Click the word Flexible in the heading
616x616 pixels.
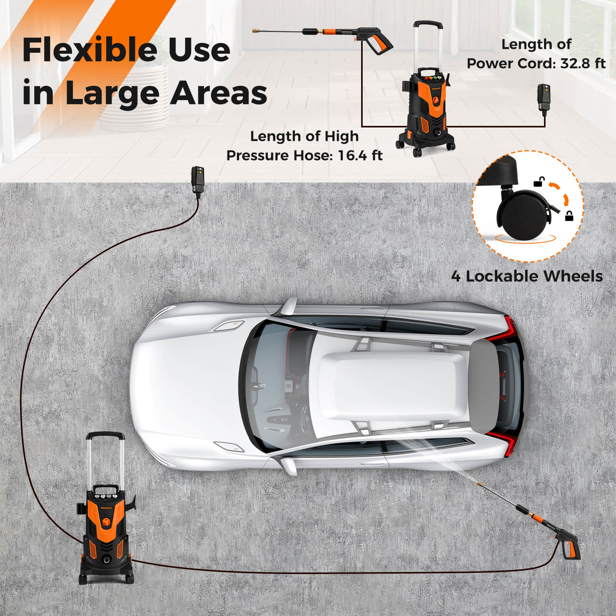pyautogui.click(x=91, y=50)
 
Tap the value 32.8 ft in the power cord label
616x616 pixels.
pyautogui.click(x=583, y=63)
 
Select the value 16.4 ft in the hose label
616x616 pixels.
pyautogui.click(x=360, y=156)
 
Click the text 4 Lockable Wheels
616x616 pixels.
pyautogui.click(x=527, y=276)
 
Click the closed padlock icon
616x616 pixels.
pyautogui.click(x=569, y=216)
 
